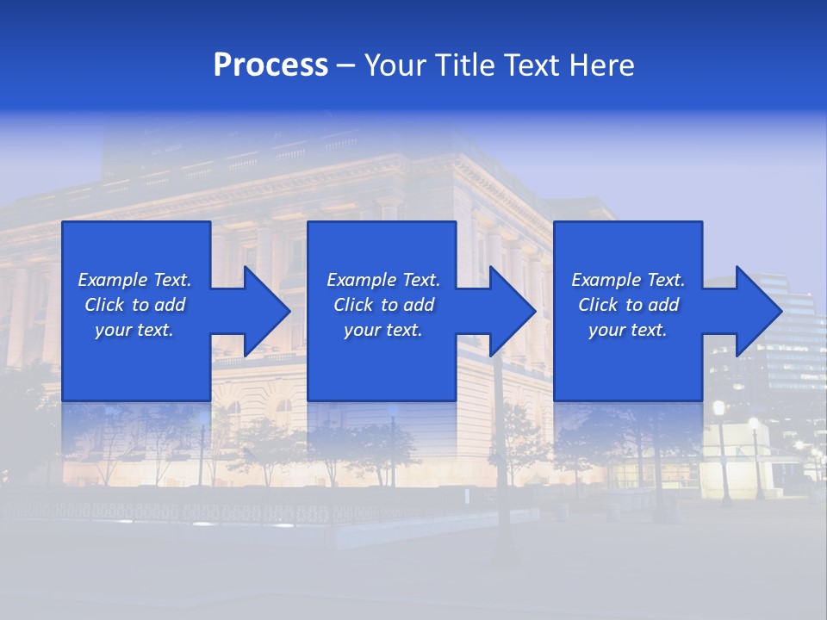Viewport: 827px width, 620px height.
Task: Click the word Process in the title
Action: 270,65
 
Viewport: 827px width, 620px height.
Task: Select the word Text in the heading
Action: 534,65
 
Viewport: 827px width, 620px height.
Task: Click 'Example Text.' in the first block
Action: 134,280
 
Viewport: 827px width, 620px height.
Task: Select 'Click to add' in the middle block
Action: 383,305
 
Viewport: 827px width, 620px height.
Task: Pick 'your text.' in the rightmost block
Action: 628,330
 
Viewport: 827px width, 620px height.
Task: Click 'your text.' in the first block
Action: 134,330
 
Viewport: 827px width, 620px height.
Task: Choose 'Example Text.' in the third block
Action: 628,280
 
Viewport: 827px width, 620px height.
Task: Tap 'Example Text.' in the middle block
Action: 383,280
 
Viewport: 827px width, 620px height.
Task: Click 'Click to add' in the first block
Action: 134,305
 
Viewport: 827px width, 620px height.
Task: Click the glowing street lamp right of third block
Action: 718,408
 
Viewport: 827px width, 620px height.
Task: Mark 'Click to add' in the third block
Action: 628,305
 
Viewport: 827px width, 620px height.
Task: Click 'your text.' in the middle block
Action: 383,330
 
